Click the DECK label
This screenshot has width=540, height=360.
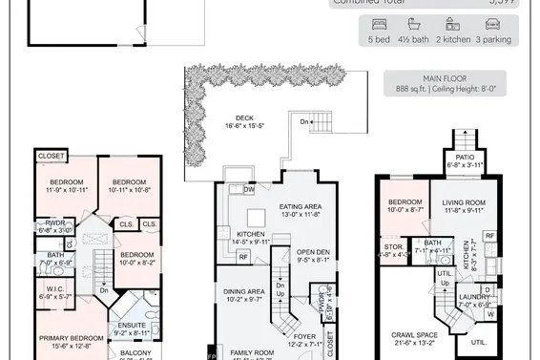[x=244, y=119]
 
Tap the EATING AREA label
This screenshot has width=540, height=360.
[x=300, y=206]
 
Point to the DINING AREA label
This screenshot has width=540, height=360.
[x=243, y=291]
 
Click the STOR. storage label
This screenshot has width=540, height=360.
[x=393, y=245]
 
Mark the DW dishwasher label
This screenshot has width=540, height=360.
[x=249, y=189]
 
